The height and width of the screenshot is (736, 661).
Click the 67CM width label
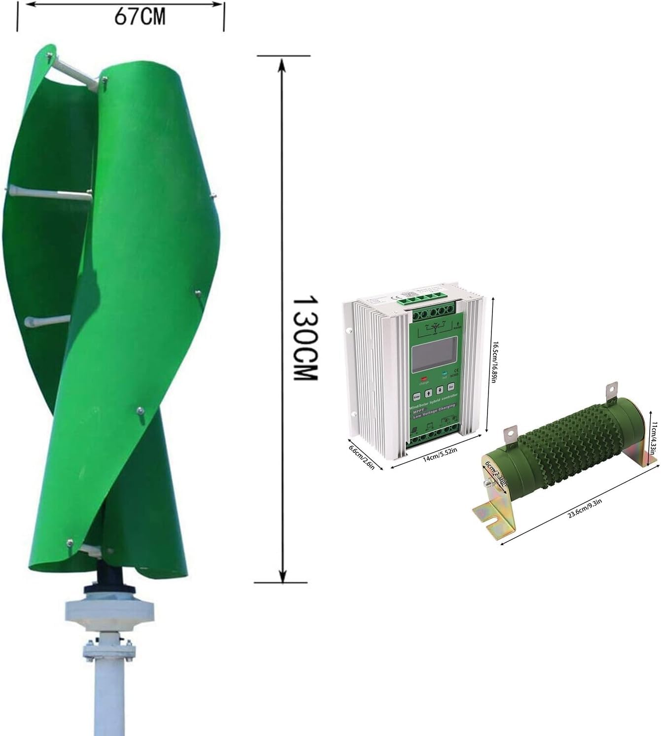point(140,17)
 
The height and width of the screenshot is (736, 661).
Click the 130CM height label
point(304,338)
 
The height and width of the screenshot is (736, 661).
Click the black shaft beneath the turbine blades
point(109,574)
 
